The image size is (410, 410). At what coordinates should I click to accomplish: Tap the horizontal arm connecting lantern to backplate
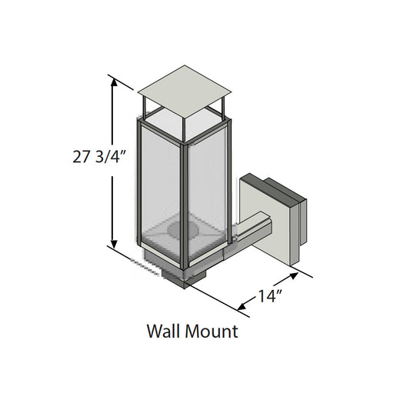pyautogui.click(x=250, y=235)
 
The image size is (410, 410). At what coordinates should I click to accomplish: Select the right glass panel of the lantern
pyautogui.click(x=207, y=185)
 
